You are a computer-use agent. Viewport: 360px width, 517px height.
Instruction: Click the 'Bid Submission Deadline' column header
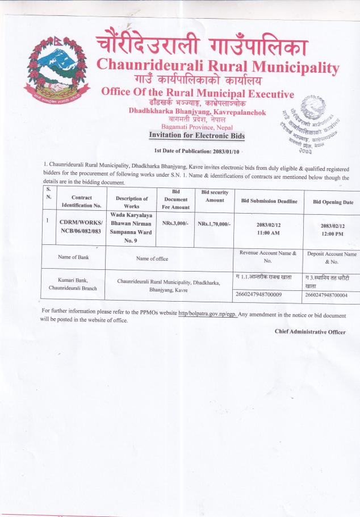coord(269,201)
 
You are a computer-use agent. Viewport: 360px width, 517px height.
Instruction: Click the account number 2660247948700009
coord(258,294)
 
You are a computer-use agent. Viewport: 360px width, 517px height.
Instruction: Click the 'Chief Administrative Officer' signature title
coord(309,331)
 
